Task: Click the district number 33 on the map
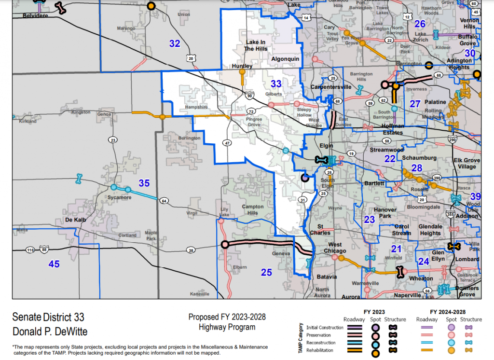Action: click(x=275, y=84)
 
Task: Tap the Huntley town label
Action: click(x=242, y=66)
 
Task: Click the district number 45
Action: click(x=54, y=263)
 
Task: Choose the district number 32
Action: click(x=175, y=43)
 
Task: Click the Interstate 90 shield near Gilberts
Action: click(x=248, y=95)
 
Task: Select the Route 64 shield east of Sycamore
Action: click(x=164, y=201)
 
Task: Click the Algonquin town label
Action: click(x=286, y=58)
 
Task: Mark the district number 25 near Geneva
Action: click(x=266, y=272)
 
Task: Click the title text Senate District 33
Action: click(x=48, y=318)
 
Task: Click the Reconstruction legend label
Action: click(x=324, y=342)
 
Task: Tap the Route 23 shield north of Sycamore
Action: click(x=113, y=140)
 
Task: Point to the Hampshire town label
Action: click(x=195, y=107)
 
